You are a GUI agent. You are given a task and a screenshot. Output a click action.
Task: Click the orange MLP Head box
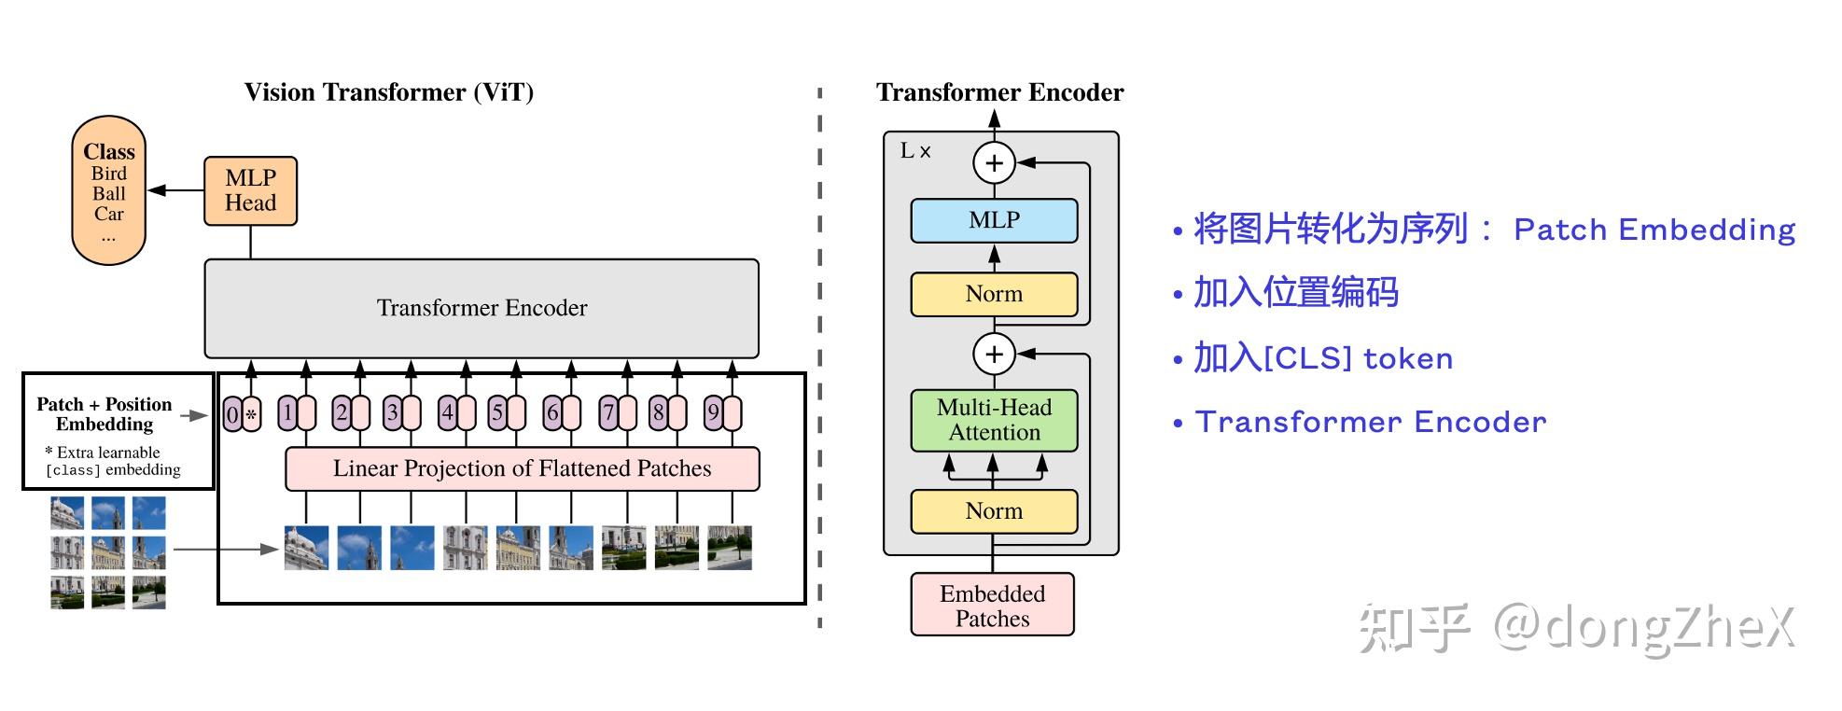(250, 191)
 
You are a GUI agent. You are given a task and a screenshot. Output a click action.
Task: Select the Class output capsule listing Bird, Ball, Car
(109, 191)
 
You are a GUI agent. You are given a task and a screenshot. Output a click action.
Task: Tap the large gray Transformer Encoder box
(481, 308)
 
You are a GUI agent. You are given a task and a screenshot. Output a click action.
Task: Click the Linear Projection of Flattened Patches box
(522, 468)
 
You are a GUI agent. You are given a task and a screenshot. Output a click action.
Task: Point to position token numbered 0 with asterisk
(242, 413)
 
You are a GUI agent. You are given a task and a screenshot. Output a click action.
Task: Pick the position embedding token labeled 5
(507, 413)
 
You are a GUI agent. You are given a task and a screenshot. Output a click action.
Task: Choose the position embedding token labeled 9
(722, 413)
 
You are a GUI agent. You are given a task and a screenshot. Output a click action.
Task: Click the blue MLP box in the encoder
(994, 220)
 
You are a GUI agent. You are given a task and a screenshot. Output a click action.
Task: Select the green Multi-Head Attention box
(994, 420)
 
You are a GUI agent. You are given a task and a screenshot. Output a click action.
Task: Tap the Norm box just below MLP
(994, 294)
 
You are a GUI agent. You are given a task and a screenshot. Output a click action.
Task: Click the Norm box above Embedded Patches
(994, 511)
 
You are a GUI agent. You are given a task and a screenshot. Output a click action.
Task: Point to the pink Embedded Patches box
(992, 606)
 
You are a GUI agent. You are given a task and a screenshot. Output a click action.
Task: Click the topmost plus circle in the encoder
(994, 163)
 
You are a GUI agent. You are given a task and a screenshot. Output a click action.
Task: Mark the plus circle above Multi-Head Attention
(994, 355)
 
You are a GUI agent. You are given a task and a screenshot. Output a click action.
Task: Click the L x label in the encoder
(914, 151)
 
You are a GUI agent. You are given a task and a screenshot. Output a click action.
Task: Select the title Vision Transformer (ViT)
(388, 92)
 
